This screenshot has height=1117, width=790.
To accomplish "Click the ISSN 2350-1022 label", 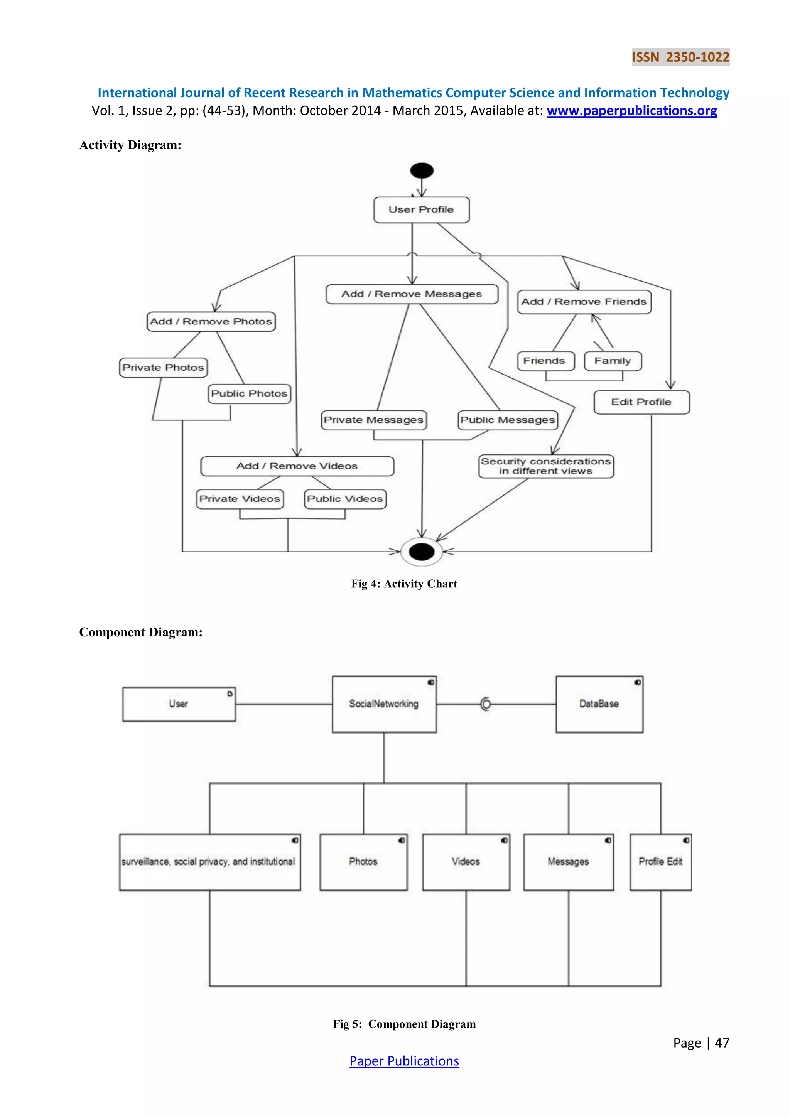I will (680, 57).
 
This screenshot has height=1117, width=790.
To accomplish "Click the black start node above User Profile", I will (422, 171).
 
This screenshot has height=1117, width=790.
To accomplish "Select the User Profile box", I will (421, 210).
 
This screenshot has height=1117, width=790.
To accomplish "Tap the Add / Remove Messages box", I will (412, 294).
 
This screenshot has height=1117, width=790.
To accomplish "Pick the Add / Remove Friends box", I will (584, 302).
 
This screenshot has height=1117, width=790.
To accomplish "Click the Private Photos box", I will (163, 367).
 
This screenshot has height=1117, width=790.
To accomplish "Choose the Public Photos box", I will (250, 393).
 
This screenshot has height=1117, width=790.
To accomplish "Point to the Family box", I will (613, 361).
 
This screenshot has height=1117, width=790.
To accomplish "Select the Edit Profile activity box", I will (641, 402).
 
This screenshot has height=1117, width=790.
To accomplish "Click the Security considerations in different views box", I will (546, 466).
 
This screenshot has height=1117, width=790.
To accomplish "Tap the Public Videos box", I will (345, 499).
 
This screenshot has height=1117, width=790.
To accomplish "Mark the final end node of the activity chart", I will (422, 552).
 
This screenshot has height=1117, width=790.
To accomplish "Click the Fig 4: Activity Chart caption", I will (404, 584).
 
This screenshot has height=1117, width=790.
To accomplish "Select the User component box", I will (179, 704).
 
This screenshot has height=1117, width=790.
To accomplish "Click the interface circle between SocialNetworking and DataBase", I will (485, 704).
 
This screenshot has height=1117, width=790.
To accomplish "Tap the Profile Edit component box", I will (660, 861).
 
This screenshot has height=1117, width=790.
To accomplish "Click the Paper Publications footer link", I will (404, 1061).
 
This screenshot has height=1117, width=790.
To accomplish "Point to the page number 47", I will (721, 1043).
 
